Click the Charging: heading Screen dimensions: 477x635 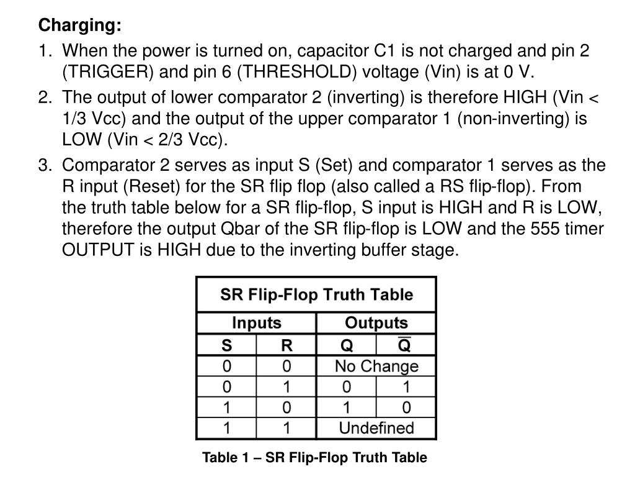coord(80,26)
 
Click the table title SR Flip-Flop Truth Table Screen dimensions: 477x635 coord(316,294)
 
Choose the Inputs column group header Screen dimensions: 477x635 coord(256,323)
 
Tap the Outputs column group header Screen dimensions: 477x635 coord(376,323)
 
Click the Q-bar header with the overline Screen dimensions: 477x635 coord(404,344)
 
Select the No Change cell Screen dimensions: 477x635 coord(376,366)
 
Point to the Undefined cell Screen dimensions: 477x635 coord(376,428)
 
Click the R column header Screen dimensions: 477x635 coord(286,345)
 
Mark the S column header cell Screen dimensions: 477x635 coord(226,345)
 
